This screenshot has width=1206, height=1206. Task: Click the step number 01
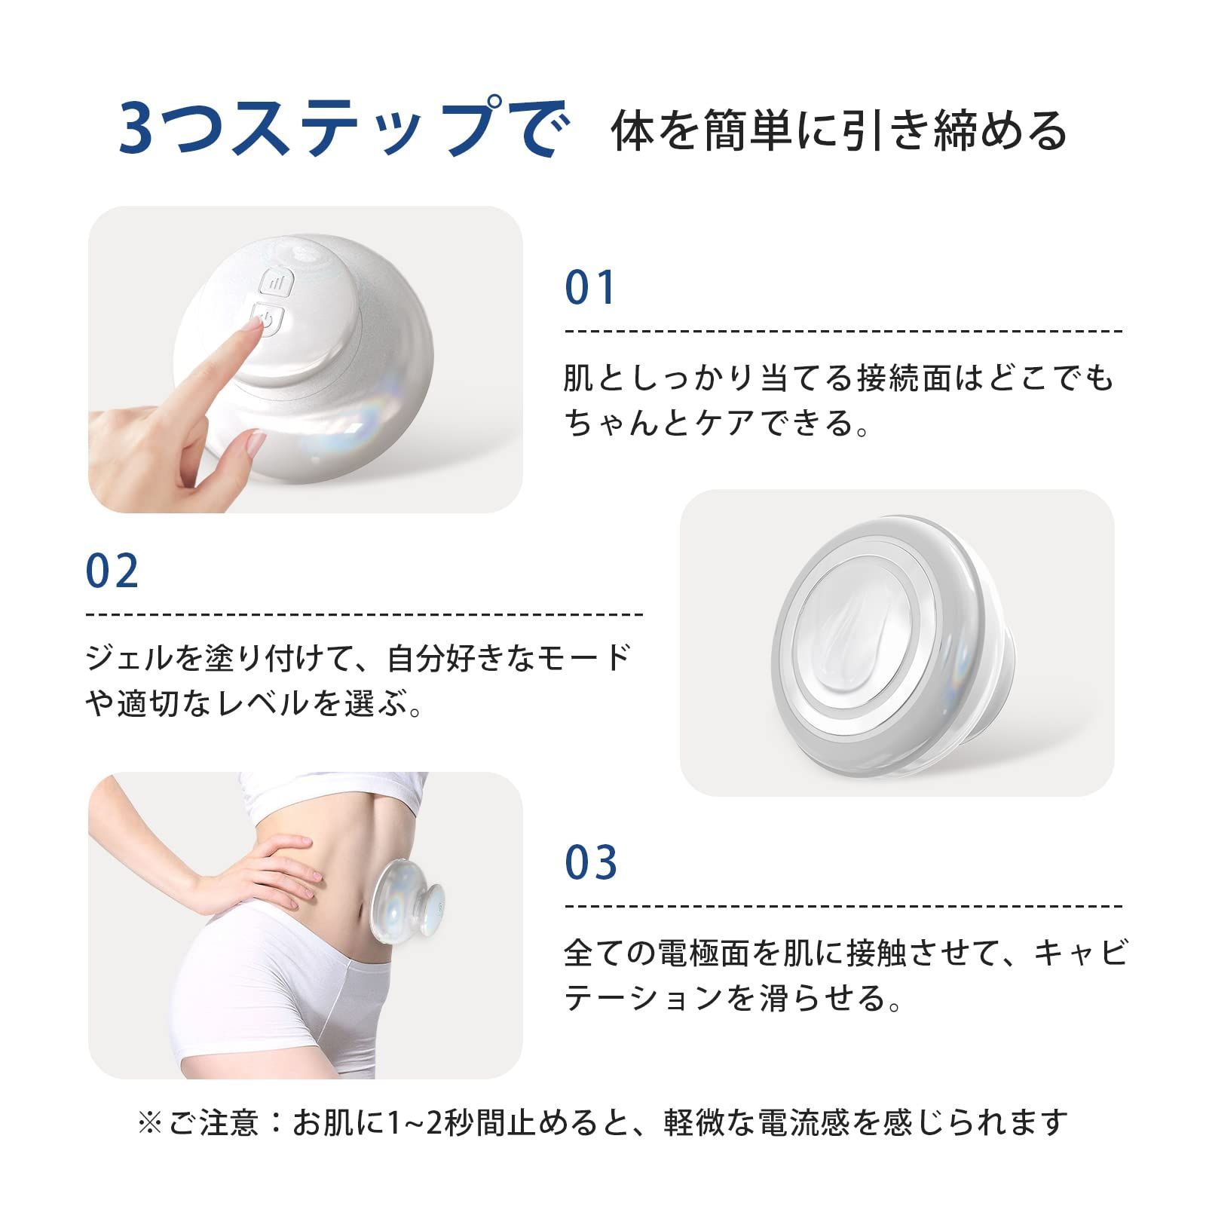[590, 288]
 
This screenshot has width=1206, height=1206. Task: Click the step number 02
[112, 571]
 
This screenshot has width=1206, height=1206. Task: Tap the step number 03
[591, 863]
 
